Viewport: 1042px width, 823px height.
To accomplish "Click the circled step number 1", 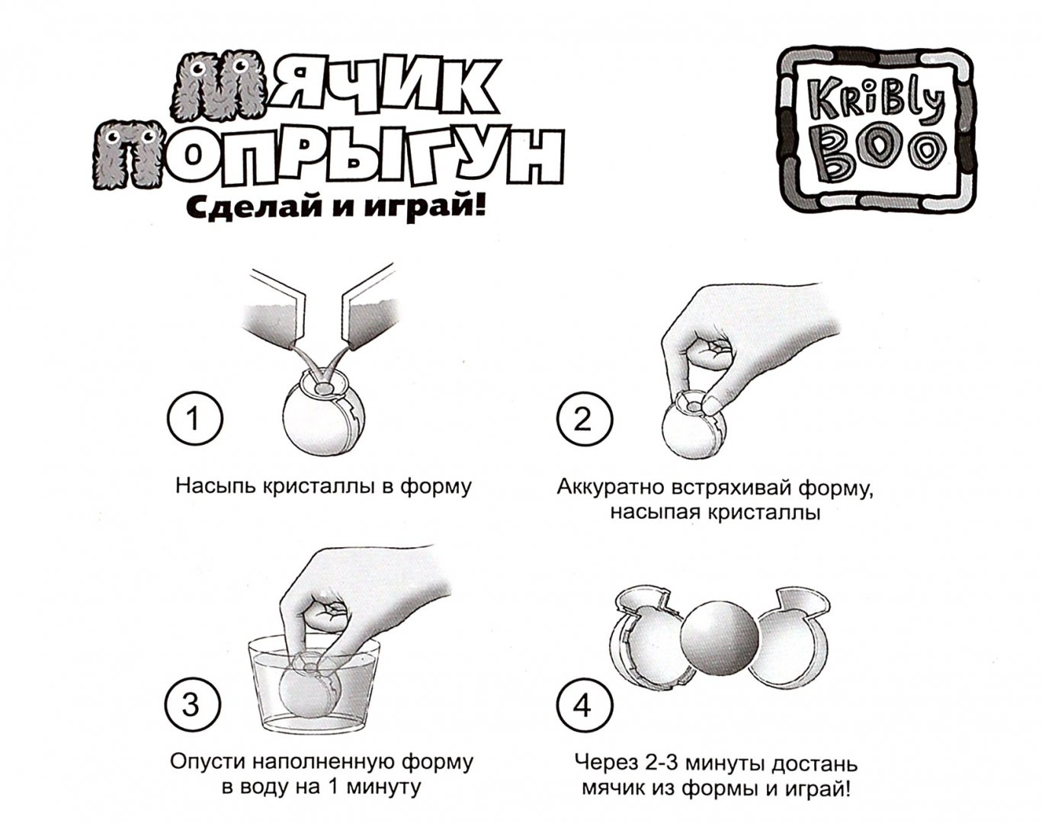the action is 194,419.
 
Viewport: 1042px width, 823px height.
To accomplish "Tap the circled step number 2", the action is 585,419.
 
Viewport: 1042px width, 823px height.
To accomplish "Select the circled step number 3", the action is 192,706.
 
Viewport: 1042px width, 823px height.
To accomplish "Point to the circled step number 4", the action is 583,706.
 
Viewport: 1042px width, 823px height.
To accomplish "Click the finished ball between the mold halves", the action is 720,636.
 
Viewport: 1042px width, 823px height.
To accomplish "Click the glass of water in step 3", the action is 313,687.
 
